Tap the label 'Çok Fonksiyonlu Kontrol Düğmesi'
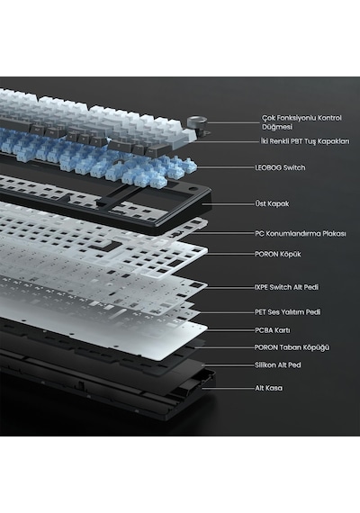click(301, 122)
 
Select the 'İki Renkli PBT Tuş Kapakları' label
click(305, 141)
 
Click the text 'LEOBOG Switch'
click(280, 167)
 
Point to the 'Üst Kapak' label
click(272, 203)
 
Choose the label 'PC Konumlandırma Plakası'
click(300, 234)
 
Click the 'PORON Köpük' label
click(277, 254)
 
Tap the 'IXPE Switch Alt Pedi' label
click(286, 287)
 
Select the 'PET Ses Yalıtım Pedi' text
click(288, 311)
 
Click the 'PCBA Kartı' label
click(273, 330)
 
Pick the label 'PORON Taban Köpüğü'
click(292, 347)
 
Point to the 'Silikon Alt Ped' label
click(277, 364)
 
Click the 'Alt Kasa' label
click(269, 388)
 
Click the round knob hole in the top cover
click(193, 189)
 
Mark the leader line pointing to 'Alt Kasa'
click(228, 388)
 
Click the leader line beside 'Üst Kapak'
click(228, 203)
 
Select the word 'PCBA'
click(264, 330)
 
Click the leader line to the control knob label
click(233, 123)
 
